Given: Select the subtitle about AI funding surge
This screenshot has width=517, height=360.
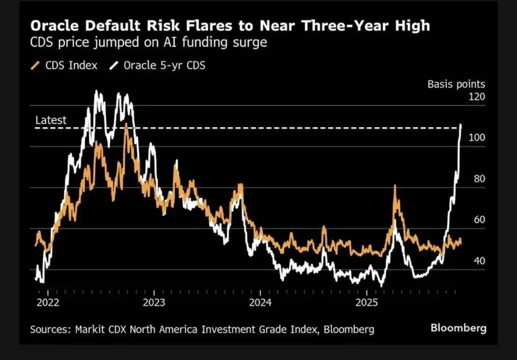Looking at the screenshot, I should coord(148,42).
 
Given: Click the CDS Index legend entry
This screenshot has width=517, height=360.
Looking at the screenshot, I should coord(65,66).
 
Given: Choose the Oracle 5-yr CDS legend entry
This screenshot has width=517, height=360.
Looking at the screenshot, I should coord(158,66).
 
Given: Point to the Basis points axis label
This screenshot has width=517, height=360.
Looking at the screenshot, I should coord(456,84).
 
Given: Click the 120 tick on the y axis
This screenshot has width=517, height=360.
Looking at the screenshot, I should coord(477,97).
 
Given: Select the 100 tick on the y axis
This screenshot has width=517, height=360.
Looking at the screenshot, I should coord(477,138).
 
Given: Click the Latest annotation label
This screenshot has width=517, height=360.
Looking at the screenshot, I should coord(51,120).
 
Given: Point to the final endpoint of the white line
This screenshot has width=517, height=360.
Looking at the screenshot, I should coord(461,125).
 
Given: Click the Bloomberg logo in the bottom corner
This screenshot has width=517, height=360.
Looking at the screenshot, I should coord(458,328).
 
